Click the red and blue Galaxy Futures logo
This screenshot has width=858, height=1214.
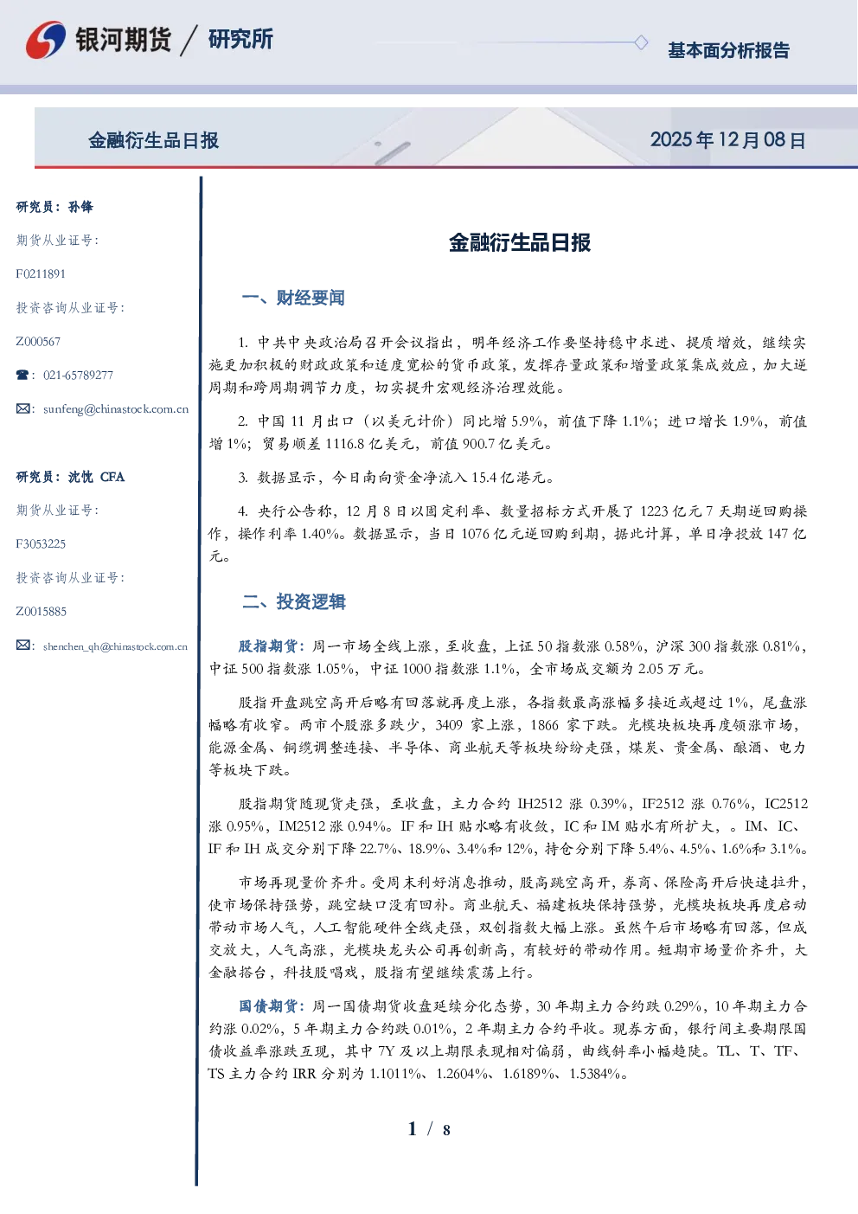tap(46, 40)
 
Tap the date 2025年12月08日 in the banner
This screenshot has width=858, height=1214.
tap(727, 140)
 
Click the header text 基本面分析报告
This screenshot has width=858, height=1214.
tap(728, 50)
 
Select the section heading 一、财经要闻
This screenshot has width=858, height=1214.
tap(293, 298)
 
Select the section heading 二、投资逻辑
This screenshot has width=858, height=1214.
tap(293, 601)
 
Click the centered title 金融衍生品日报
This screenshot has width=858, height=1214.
tap(520, 242)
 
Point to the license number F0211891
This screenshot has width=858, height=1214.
tap(41, 273)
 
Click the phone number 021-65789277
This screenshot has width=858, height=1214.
tap(78, 375)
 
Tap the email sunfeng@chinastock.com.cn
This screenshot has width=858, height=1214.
tap(116, 409)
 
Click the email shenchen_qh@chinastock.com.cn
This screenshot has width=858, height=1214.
tap(115, 646)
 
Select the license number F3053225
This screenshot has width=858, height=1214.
tap(41, 544)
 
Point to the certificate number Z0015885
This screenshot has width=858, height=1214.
tap(42, 612)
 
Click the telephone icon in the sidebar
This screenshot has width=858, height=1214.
tap(22, 375)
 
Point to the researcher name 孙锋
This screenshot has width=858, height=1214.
tap(80, 207)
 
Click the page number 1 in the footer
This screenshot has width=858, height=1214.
tap(413, 1129)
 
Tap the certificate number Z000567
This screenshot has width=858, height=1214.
tap(38, 342)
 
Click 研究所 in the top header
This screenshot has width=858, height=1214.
tap(240, 39)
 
